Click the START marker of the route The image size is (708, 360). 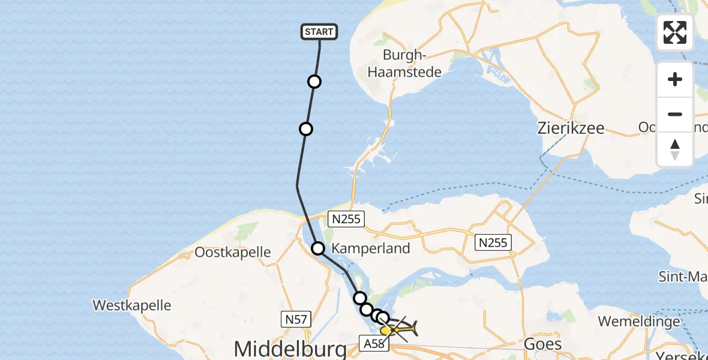[x=319, y=32]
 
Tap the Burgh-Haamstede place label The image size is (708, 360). [x=413, y=64]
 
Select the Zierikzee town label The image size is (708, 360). [x=570, y=128]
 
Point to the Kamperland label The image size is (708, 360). [x=371, y=248]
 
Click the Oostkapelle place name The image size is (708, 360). [x=233, y=252]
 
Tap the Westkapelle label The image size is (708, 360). [x=132, y=305]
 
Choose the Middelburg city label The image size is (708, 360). [x=290, y=349]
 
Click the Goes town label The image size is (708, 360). [x=542, y=344]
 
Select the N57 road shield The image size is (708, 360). [x=296, y=320]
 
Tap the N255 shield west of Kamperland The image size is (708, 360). [x=347, y=219]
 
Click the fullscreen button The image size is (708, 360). [x=675, y=32]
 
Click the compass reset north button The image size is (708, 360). [x=675, y=150]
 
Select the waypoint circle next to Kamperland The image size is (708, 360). [x=318, y=248]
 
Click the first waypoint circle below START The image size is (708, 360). [x=314, y=82]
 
